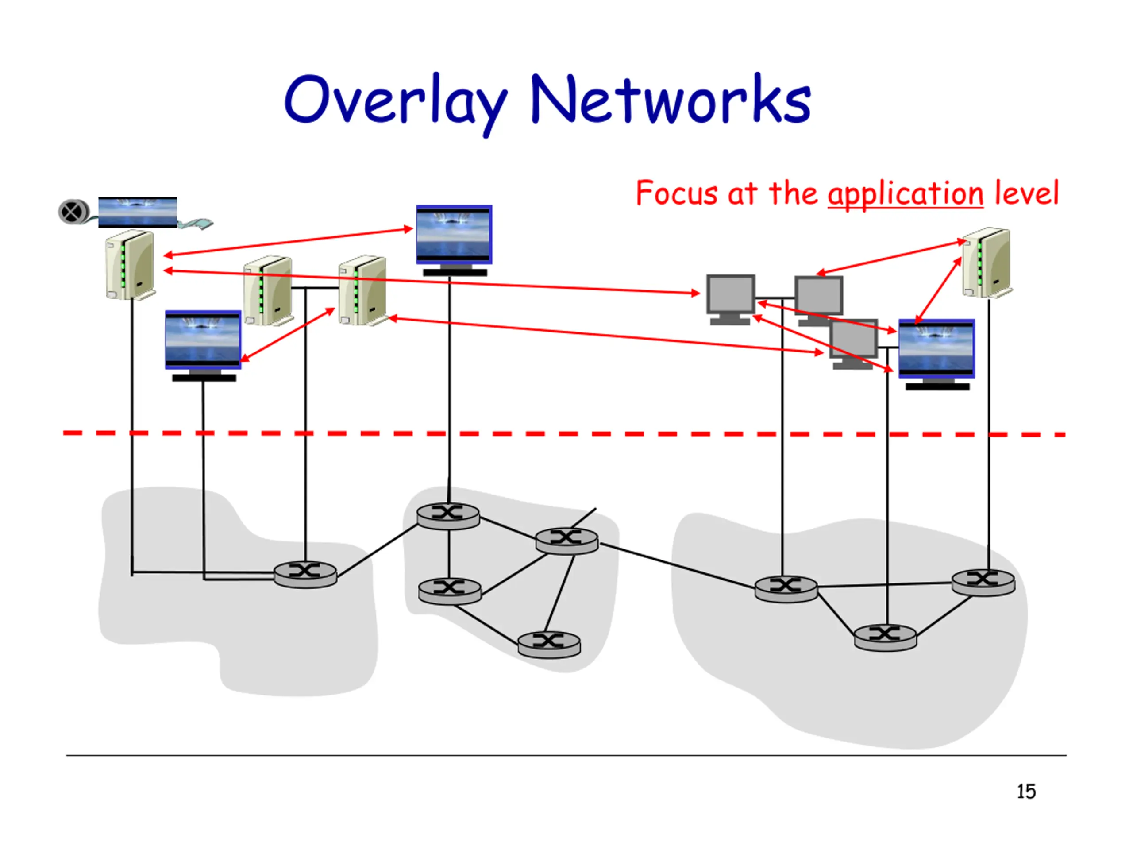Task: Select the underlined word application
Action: pyautogui.click(x=905, y=195)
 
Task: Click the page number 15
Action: pyautogui.click(x=1026, y=792)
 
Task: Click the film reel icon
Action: pyautogui.click(x=73, y=212)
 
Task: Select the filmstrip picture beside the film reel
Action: pyautogui.click(x=137, y=212)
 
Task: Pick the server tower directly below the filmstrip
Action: pyautogui.click(x=130, y=265)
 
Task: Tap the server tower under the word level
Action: pyautogui.click(x=987, y=263)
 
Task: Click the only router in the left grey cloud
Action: pyautogui.click(x=305, y=574)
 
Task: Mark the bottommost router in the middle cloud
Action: pyautogui.click(x=549, y=644)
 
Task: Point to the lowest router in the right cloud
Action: pyautogui.click(x=886, y=637)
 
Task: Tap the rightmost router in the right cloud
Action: pyautogui.click(x=983, y=582)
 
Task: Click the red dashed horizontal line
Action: pyautogui.click(x=564, y=433)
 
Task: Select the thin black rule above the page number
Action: pyautogui.click(x=566, y=755)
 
